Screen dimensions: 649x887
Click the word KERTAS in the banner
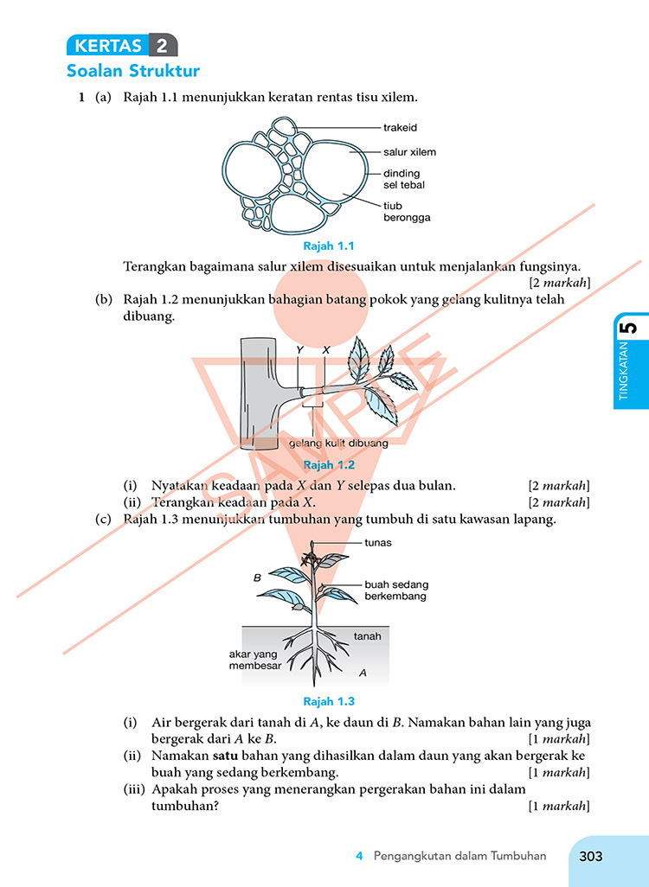click(108, 45)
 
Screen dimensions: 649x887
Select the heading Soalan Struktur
click(133, 71)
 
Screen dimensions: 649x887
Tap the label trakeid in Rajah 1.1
click(400, 128)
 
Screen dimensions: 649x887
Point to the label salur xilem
click(409, 152)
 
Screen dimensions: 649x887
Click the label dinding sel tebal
click(404, 179)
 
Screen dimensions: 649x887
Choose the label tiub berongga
click(407, 212)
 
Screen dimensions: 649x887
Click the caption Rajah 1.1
click(329, 246)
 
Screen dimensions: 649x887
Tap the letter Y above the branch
click(299, 350)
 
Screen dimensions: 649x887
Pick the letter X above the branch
click(325, 350)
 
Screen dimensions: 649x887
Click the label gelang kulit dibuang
click(338, 443)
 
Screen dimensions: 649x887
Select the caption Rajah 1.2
click(329, 465)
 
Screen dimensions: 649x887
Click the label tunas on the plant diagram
click(378, 543)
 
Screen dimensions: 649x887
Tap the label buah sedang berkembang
click(396, 590)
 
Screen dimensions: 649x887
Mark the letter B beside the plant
click(257, 578)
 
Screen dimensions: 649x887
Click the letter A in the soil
click(363, 673)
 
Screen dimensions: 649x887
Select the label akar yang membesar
click(255, 660)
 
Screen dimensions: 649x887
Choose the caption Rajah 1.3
click(329, 701)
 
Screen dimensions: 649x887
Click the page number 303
click(591, 857)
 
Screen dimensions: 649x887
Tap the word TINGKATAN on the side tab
click(624, 371)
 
